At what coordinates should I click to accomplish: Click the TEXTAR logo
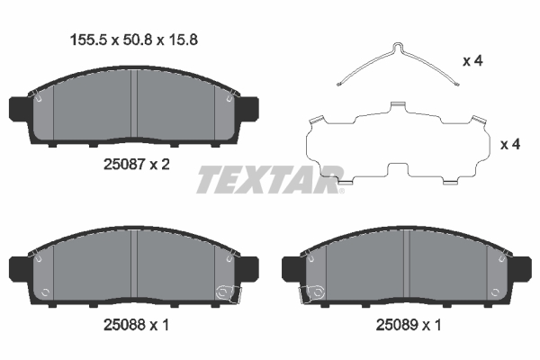[x=270, y=179]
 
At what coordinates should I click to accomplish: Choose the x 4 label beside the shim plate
[x=510, y=144]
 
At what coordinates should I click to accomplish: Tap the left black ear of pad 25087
[x=17, y=108]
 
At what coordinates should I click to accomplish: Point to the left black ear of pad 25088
[x=17, y=269]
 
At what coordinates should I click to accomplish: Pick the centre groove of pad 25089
[x=408, y=267]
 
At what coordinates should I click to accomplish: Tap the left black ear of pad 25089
[x=292, y=269]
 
